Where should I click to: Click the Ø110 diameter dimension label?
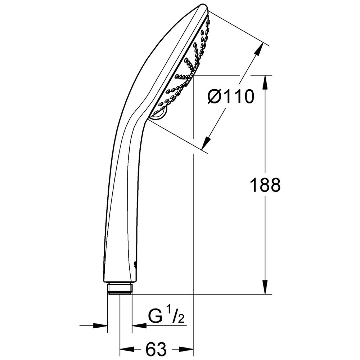[231, 96]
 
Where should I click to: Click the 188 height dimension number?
[265, 185]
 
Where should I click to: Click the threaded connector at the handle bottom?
[120, 289]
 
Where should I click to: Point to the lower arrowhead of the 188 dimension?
[265, 287]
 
